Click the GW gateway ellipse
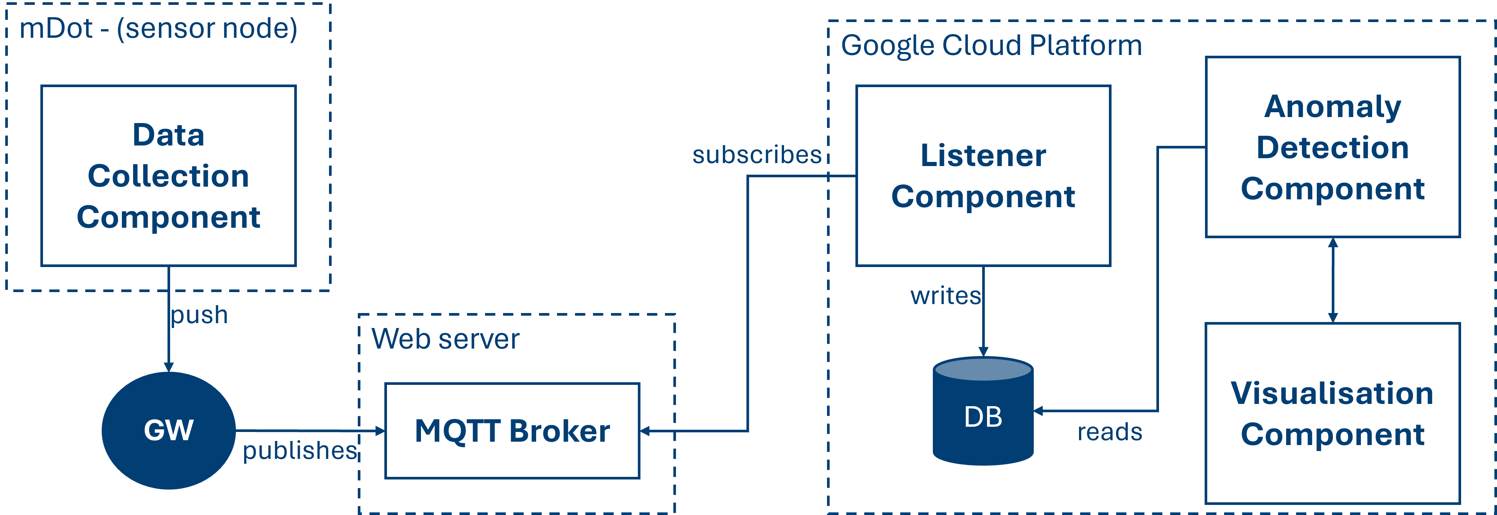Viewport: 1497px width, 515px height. coord(169,430)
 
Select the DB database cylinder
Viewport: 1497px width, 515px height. coord(983,413)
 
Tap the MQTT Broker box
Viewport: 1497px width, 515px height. coord(512,431)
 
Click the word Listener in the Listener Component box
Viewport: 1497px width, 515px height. coord(983,156)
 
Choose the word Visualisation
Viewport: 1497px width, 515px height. coord(1332,393)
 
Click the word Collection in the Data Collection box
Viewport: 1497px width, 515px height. coord(169,176)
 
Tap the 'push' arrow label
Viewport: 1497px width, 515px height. coord(199,315)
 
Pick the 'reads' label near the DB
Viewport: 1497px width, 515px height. coord(1109,432)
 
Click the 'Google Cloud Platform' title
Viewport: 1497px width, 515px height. coord(991,45)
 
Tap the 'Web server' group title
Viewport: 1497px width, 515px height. coord(445,339)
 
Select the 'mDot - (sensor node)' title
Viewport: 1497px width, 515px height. coord(158,28)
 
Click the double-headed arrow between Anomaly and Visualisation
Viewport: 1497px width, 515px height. coord(1332,280)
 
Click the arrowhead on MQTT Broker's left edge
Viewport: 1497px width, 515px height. coord(380,431)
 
